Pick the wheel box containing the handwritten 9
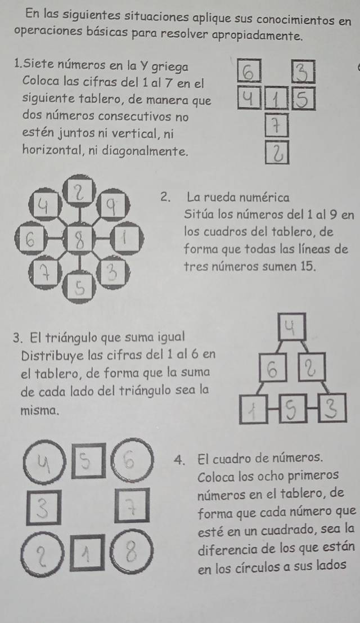(113, 205)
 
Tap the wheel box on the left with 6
(31, 240)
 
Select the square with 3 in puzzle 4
(44, 508)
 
